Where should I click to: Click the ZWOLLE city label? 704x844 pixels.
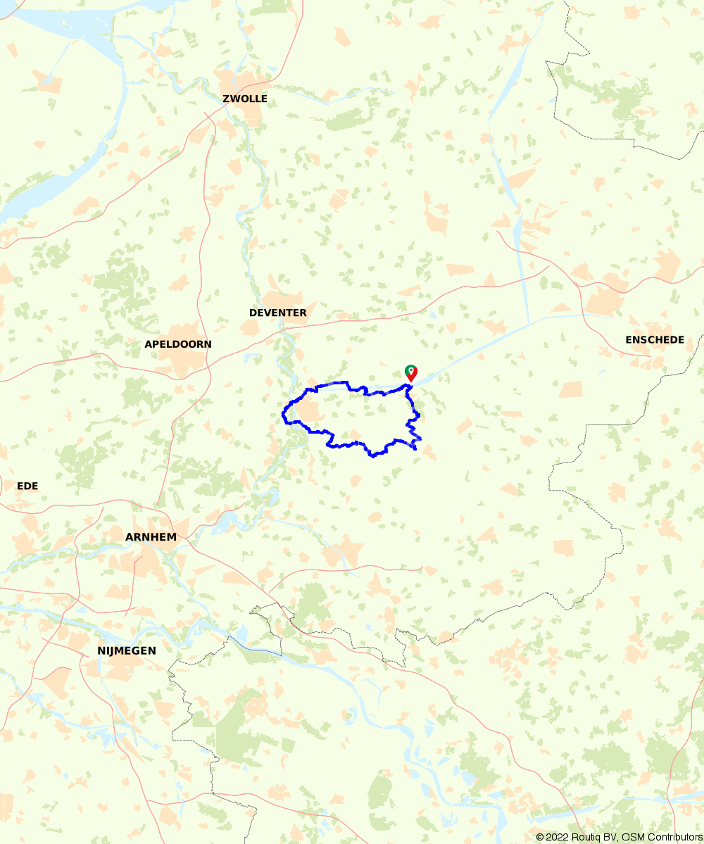pyautogui.click(x=245, y=99)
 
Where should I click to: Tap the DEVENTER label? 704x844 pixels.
pyautogui.click(x=278, y=313)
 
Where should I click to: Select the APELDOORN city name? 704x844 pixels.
pyautogui.click(x=177, y=344)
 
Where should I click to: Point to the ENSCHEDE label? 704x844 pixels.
pyautogui.click(x=655, y=340)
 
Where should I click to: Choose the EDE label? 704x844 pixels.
pyautogui.click(x=27, y=486)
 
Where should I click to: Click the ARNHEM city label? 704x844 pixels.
pyautogui.click(x=151, y=537)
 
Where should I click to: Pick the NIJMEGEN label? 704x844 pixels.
pyautogui.click(x=127, y=651)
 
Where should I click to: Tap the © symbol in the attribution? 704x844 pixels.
pyautogui.click(x=540, y=837)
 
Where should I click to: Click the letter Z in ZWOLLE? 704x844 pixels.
pyautogui.click(x=226, y=99)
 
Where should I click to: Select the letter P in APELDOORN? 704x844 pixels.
pyautogui.click(x=156, y=344)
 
